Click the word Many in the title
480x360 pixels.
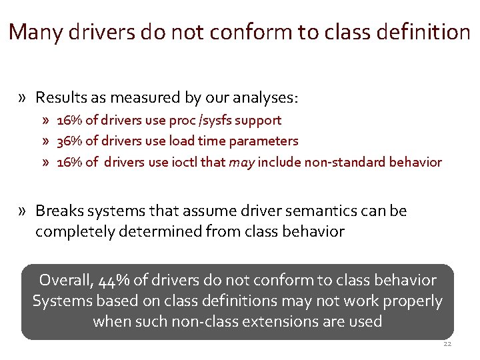[x=33, y=31]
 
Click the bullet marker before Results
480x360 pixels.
[x=23, y=98]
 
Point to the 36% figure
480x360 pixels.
[x=69, y=141]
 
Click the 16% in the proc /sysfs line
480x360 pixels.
[x=69, y=120]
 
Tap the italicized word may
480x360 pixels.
[x=240, y=162]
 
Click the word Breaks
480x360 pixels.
[x=57, y=211]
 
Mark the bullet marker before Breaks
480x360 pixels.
[x=23, y=211]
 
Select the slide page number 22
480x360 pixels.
[x=447, y=345]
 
